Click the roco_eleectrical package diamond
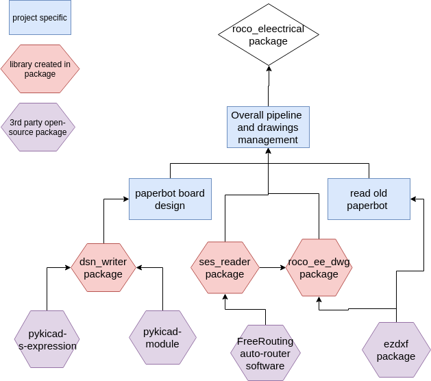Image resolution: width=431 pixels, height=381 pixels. [269, 34]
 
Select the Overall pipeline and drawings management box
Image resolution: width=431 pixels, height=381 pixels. [268, 127]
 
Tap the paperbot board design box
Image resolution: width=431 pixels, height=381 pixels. [169, 199]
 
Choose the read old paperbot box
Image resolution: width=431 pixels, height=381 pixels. [368, 199]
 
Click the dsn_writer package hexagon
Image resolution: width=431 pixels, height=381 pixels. [103, 267]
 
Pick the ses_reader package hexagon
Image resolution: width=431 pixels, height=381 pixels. [225, 267]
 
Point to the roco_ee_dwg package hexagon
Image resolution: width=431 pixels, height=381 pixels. [319, 267]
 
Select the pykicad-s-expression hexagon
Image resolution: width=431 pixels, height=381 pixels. [47, 340]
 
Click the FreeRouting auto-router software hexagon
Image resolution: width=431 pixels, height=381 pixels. [265, 353]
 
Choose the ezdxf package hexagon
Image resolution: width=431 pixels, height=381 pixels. [396, 350]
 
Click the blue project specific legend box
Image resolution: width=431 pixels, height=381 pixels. [40, 18]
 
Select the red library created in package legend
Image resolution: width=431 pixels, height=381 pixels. [40, 69]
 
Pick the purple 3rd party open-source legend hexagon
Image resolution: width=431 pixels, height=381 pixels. [38, 127]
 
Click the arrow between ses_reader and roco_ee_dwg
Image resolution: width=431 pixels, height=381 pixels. [273, 267]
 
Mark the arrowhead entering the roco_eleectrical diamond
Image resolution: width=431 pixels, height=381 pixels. [269, 69]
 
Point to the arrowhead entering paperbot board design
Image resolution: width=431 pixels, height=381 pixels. [126, 199]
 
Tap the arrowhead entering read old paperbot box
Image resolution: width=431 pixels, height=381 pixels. [413, 199]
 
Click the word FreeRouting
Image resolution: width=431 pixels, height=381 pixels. [265, 341]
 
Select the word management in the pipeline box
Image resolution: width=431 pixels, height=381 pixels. [268, 140]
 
